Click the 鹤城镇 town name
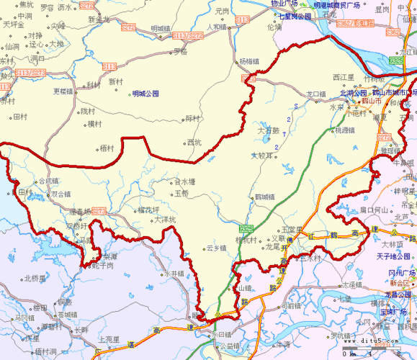[264, 197]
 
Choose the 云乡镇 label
[216, 248]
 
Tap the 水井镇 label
[175, 274]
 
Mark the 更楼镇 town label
[63, 91]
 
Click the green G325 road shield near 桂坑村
[246, 228]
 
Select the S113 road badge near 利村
[109, 67]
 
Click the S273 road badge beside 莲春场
[99, 211]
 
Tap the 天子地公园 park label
[393, 256]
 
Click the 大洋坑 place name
[165, 220]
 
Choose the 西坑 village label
[194, 142]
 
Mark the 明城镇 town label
[161, 29]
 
